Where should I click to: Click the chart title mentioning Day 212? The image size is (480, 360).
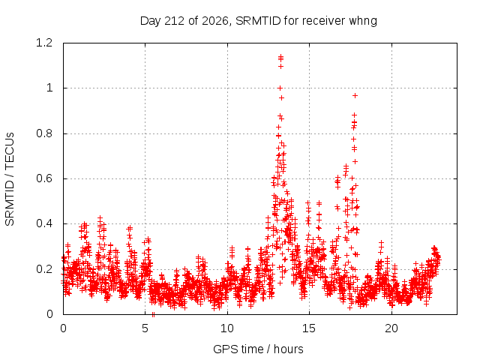coord(258,21)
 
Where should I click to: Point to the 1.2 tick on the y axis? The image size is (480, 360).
coord(44,43)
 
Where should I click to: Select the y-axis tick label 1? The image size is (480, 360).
coord(49,88)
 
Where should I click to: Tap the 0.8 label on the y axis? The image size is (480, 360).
coord(44,133)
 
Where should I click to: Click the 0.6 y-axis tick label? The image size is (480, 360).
coord(44,178)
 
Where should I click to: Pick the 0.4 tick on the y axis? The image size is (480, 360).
coord(44,223)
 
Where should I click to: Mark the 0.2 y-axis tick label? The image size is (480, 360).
coord(44,269)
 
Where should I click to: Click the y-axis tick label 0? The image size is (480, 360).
coord(49,314)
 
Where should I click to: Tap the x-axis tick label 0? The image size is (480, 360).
coord(63,328)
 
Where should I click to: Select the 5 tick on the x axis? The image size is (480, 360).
coord(145,328)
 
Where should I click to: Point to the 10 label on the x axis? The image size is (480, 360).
coord(227,328)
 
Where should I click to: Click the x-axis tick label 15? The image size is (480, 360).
coord(309,328)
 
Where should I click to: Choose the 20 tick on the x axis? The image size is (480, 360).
coord(391,328)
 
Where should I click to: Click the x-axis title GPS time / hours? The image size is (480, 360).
coord(258,349)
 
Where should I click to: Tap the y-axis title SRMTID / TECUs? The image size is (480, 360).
coord(10,179)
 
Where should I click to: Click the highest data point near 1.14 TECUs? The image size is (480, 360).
coord(280,56)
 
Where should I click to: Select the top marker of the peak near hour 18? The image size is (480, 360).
coord(355,96)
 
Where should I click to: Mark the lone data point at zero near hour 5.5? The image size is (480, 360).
coord(153,314)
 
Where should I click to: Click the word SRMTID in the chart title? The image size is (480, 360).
coord(258,21)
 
